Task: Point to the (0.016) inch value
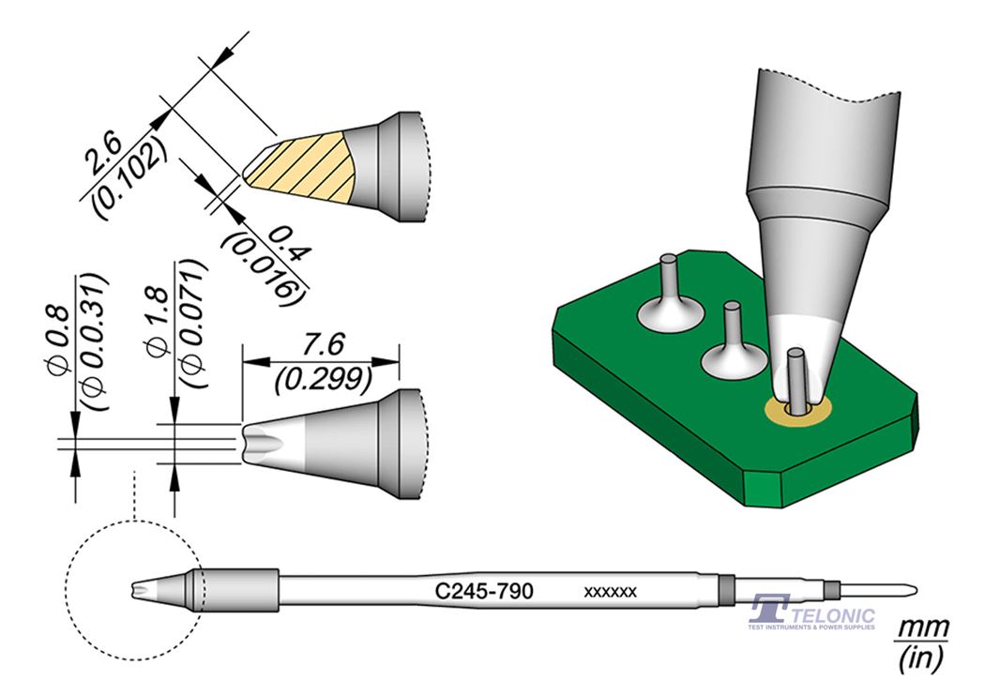click(263, 265)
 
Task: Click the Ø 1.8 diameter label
click(159, 319)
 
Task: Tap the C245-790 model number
click(484, 591)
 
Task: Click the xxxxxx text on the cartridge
click(611, 592)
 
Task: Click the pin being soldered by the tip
click(796, 375)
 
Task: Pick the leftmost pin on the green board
click(668, 277)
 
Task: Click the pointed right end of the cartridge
click(912, 590)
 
